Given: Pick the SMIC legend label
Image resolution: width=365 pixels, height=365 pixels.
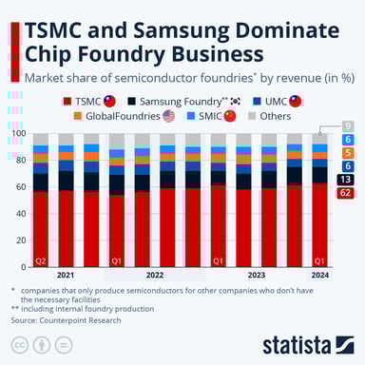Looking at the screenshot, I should click(213, 116).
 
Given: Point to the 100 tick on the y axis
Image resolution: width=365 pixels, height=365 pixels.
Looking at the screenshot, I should click(20, 134).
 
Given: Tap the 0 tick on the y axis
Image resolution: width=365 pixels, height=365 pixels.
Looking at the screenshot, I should click(26, 267).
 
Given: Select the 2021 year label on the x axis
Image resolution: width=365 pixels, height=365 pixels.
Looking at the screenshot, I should click(66, 276).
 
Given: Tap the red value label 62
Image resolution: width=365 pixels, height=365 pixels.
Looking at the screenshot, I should click(347, 193).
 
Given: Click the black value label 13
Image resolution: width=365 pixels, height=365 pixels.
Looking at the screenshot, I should click(347, 179).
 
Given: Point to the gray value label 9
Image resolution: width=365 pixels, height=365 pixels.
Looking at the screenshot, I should click(347, 125).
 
